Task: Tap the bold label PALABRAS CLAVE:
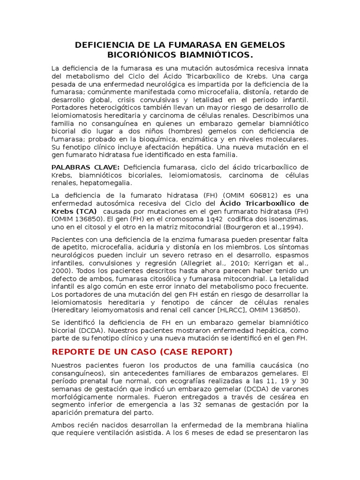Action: coord(85,167)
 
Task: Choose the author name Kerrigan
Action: coord(262,263)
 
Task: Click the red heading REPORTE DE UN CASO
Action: coord(109,352)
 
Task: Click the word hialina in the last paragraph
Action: coord(297,425)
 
